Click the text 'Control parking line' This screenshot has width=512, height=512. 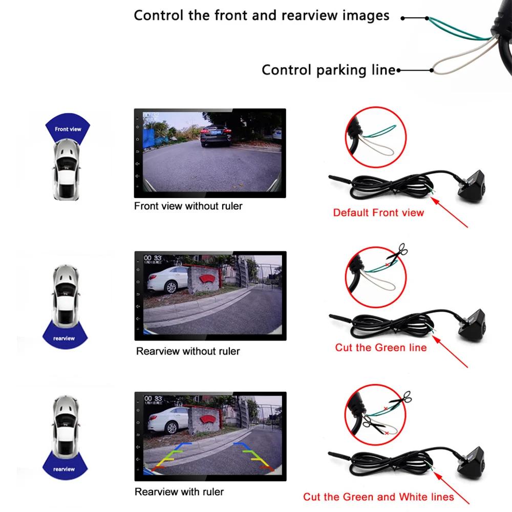point(328,70)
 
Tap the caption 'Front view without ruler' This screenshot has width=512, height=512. point(188,206)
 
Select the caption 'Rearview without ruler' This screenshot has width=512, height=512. point(188,351)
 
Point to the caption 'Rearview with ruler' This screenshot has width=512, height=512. point(179,492)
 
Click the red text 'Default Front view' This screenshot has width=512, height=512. point(378,212)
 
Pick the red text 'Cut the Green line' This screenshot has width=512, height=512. point(380,348)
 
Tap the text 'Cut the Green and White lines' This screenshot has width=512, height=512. point(378,497)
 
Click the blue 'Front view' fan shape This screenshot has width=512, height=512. point(68,130)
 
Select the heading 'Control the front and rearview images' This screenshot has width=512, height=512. point(261,15)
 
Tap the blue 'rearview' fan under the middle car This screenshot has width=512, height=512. point(64,335)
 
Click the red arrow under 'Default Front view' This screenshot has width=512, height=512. point(451,210)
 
